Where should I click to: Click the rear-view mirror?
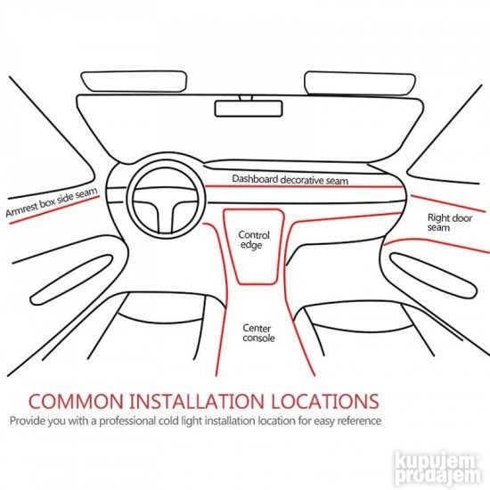click(249, 109)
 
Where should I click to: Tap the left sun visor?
click(134, 81)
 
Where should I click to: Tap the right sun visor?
click(360, 84)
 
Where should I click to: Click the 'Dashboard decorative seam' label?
click(290, 180)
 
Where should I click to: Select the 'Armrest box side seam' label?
click(52, 202)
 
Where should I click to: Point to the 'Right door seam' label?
click(449, 222)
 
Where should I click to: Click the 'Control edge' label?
click(253, 240)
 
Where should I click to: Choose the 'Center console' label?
click(258, 333)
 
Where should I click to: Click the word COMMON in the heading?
click(77, 401)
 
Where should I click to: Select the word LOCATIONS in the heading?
click(325, 401)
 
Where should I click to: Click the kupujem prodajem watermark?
click(437, 469)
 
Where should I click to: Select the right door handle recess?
click(434, 275)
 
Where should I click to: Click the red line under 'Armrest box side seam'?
click(54, 210)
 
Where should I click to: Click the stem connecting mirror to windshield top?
click(246, 98)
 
